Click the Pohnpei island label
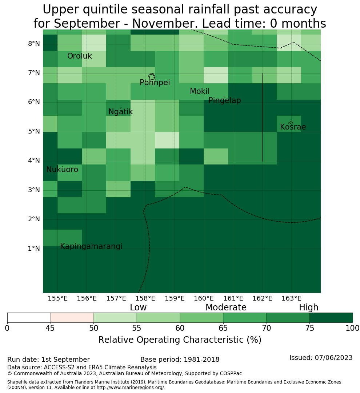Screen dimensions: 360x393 click(155, 83)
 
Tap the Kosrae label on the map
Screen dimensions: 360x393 click(293, 127)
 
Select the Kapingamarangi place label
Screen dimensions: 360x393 click(91, 246)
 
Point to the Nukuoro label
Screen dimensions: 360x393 click(62, 170)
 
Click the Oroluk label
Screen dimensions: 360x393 click(79, 56)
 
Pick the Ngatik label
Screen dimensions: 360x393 click(120, 112)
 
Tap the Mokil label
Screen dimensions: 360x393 click(199, 91)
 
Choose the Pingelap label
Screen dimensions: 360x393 click(224, 100)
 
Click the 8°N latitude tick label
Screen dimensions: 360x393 click(34, 44)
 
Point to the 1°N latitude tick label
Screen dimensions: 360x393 click(34, 249)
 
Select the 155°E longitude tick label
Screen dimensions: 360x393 click(57, 298)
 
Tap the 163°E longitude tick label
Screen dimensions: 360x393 click(291, 298)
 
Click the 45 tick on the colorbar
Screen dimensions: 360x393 click(50, 328)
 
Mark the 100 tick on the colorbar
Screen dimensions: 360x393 click(352, 328)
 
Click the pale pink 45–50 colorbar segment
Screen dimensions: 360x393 click(72, 318)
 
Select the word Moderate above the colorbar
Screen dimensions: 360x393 click(226, 307)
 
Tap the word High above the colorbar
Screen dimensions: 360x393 click(308, 307)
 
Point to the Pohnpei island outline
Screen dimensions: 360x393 click(152, 76)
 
